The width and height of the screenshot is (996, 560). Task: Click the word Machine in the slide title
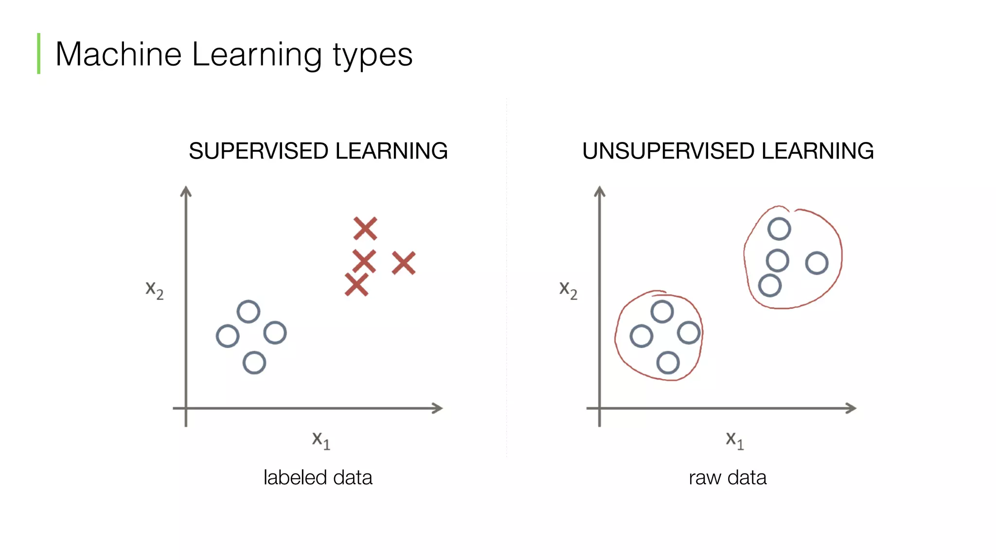tap(118, 54)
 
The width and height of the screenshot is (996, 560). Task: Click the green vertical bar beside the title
tap(39, 53)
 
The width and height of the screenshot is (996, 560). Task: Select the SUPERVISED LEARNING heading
tap(318, 151)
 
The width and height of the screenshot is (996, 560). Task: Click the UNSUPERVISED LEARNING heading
tap(728, 151)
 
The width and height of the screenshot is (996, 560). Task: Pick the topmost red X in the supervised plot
tap(365, 228)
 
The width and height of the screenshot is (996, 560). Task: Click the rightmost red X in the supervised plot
tap(404, 263)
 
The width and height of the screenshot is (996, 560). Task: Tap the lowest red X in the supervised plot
tap(356, 285)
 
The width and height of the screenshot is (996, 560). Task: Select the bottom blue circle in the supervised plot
tap(254, 363)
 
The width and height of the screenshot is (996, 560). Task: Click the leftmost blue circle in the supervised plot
tap(227, 336)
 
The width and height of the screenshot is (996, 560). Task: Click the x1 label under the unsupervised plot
tap(734, 440)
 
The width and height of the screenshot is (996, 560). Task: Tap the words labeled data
tap(318, 477)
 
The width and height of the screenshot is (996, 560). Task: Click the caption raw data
tap(728, 477)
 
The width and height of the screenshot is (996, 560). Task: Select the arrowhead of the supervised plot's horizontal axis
tap(438, 408)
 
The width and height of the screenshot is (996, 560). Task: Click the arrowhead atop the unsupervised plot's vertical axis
tap(600, 192)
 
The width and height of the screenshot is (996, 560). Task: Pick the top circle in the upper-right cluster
tap(779, 229)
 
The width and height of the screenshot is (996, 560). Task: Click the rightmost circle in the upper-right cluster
tap(817, 263)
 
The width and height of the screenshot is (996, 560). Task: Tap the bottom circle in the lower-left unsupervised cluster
tap(668, 363)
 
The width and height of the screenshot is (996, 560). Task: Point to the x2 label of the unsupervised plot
tap(568, 290)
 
